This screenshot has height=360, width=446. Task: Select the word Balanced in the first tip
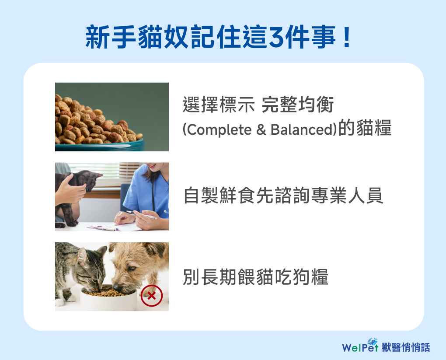(x=302, y=129)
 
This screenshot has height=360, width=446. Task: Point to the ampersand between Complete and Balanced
(x=261, y=130)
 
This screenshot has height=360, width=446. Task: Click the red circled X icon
(x=152, y=296)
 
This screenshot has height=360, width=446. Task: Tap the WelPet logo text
(x=360, y=346)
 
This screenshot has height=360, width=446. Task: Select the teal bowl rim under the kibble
(x=100, y=145)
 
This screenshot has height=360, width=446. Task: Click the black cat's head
(x=91, y=180)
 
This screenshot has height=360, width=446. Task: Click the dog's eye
(x=131, y=269)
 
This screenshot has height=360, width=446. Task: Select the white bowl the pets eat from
(x=108, y=299)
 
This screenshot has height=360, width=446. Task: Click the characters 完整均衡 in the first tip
(x=297, y=105)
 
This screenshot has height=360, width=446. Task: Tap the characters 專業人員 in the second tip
(x=347, y=196)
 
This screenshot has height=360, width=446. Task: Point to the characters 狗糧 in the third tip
(x=310, y=276)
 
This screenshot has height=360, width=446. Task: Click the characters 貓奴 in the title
(x=163, y=37)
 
